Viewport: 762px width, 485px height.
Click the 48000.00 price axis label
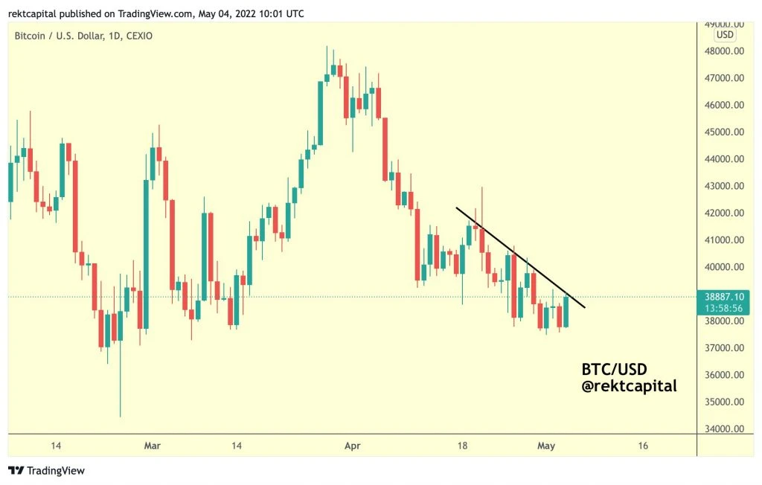tap(724, 51)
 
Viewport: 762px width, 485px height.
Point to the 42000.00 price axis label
tap(724, 213)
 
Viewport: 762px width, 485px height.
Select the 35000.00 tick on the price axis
tap(724, 402)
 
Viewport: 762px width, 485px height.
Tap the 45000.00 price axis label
tap(724, 132)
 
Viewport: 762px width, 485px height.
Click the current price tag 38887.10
tap(724, 297)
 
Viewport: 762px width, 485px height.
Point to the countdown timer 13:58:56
tap(724, 309)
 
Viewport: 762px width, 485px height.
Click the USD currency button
tap(725, 35)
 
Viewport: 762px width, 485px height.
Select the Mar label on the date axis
tap(152, 446)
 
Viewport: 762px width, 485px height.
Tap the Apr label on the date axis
tap(352, 446)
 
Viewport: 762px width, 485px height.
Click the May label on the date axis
tap(546, 446)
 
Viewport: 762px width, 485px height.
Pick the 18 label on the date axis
tap(462, 446)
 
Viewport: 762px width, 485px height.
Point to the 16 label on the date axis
tap(643, 446)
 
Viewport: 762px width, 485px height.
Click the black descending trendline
tap(520, 257)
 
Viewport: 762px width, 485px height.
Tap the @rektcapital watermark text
tap(630, 386)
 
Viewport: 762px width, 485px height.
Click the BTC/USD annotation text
tap(614, 370)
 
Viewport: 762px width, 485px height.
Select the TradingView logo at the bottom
tap(46, 470)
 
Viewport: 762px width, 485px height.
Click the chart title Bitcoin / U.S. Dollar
tap(59, 36)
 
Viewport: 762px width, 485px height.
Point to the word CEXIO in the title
tap(139, 36)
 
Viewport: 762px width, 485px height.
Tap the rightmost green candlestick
tap(566, 311)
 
